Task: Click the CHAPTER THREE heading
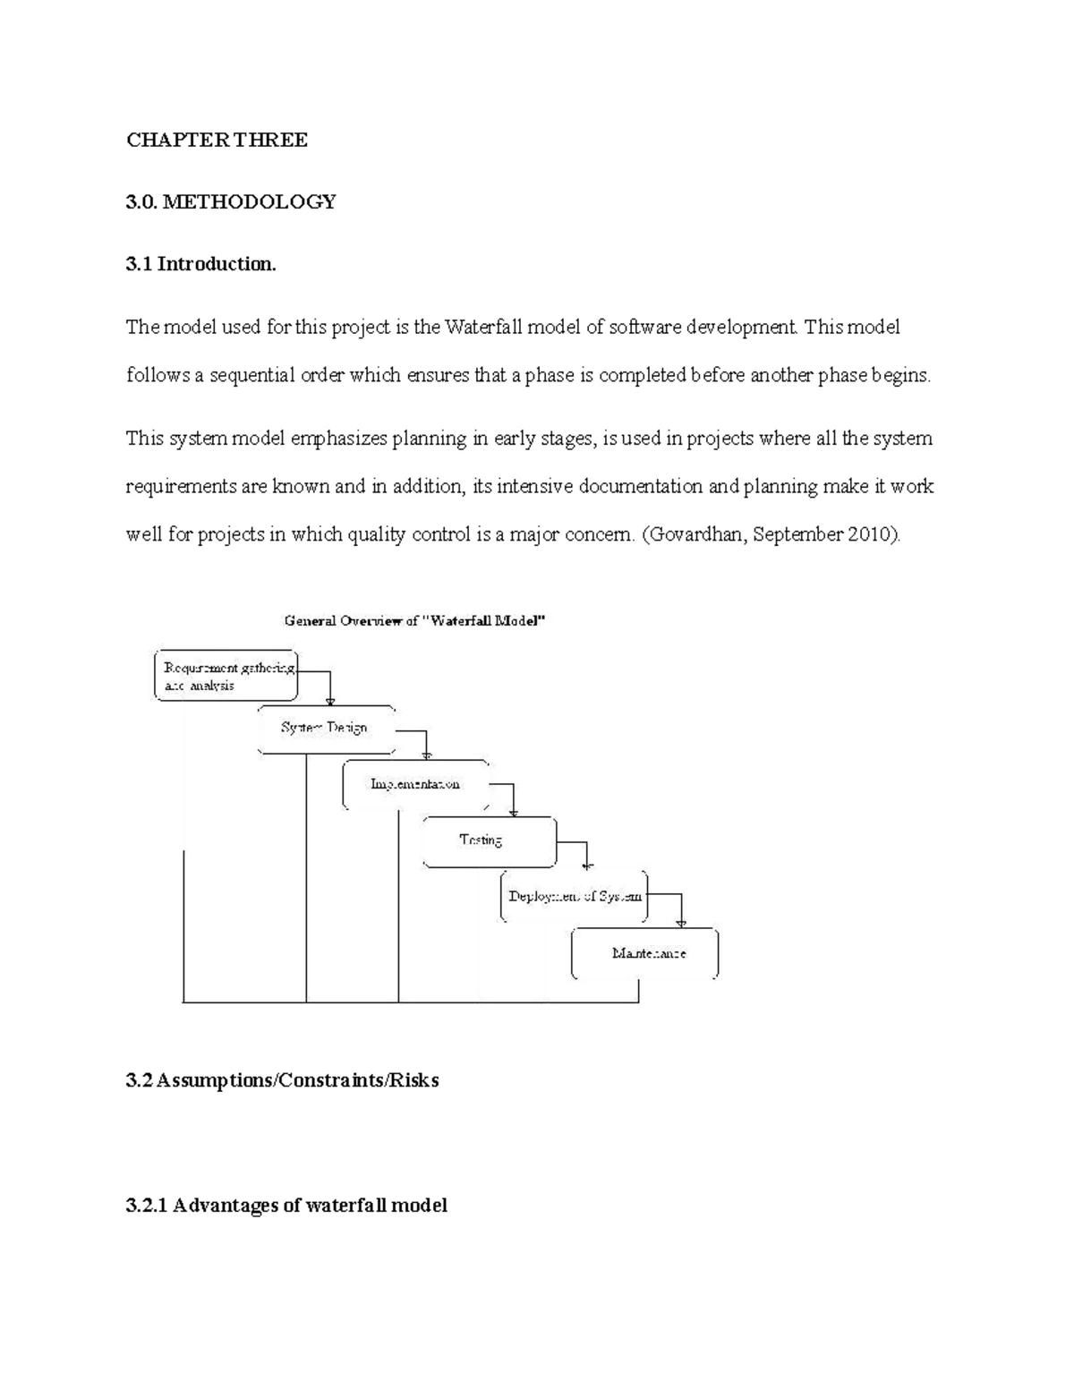click(x=217, y=140)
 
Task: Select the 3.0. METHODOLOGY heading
click(x=231, y=202)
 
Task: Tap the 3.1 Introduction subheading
click(x=201, y=264)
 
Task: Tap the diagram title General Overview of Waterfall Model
click(x=414, y=620)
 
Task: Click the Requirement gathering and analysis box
click(x=226, y=676)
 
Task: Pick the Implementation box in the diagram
click(x=415, y=784)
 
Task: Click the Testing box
click(x=489, y=840)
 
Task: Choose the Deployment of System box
click(x=574, y=895)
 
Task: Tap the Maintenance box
click(x=645, y=953)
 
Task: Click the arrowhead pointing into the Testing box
click(x=514, y=813)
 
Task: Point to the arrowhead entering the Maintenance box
click(x=682, y=923)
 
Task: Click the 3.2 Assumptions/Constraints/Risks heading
click(x=283, y=1080)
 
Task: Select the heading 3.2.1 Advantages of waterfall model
click(x=286, y=1205)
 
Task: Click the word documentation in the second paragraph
click(x=641, y=487)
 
